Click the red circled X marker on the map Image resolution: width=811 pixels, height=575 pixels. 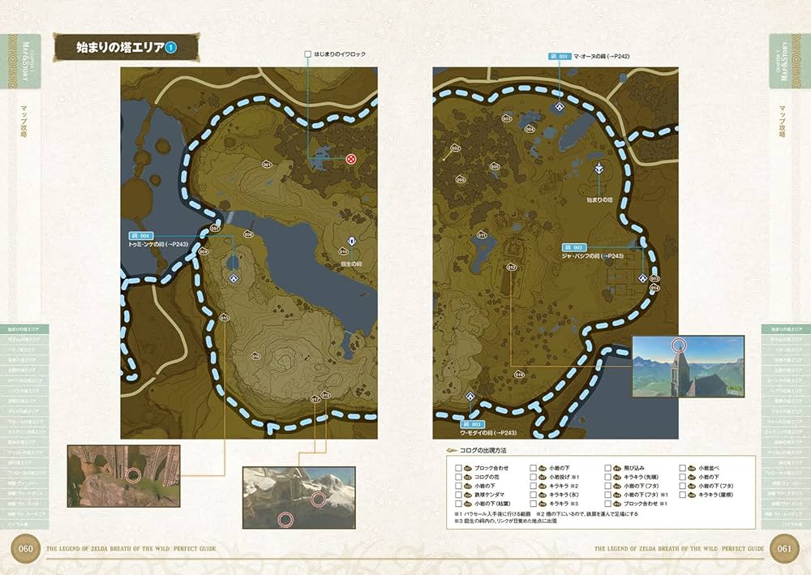pyautogui.click(x=350, y=158)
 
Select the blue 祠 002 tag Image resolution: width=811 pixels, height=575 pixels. pyautogui.click(x=573, y=247)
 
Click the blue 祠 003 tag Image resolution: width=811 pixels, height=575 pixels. pyautogui.click(x=473, y=423)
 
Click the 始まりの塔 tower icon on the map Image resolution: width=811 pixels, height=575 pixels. pyautogui.click(x=599, y=169)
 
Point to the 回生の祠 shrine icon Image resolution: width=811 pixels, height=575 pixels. pyautogui.click(x=351, y=242)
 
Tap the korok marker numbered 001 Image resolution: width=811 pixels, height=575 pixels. pyautogui.click(x=267, y=164)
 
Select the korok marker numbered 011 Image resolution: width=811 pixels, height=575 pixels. pyautogui.click(x=482, y=235)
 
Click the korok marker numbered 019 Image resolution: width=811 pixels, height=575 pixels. pyautogui.click(x=519, y=375)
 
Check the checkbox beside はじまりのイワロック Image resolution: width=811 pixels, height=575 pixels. pyautogui.click(x=308, y=54)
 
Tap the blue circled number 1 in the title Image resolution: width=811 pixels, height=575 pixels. pyautogui.click(x=170, y=48)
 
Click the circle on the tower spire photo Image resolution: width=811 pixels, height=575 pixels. pyautogui.click(x=678, y=346)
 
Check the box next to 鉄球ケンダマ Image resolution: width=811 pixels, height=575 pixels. pyautogui.click(x=459, y=493)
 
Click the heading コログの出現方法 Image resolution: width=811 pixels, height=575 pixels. pyautogui.click(x=488, y=451)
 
